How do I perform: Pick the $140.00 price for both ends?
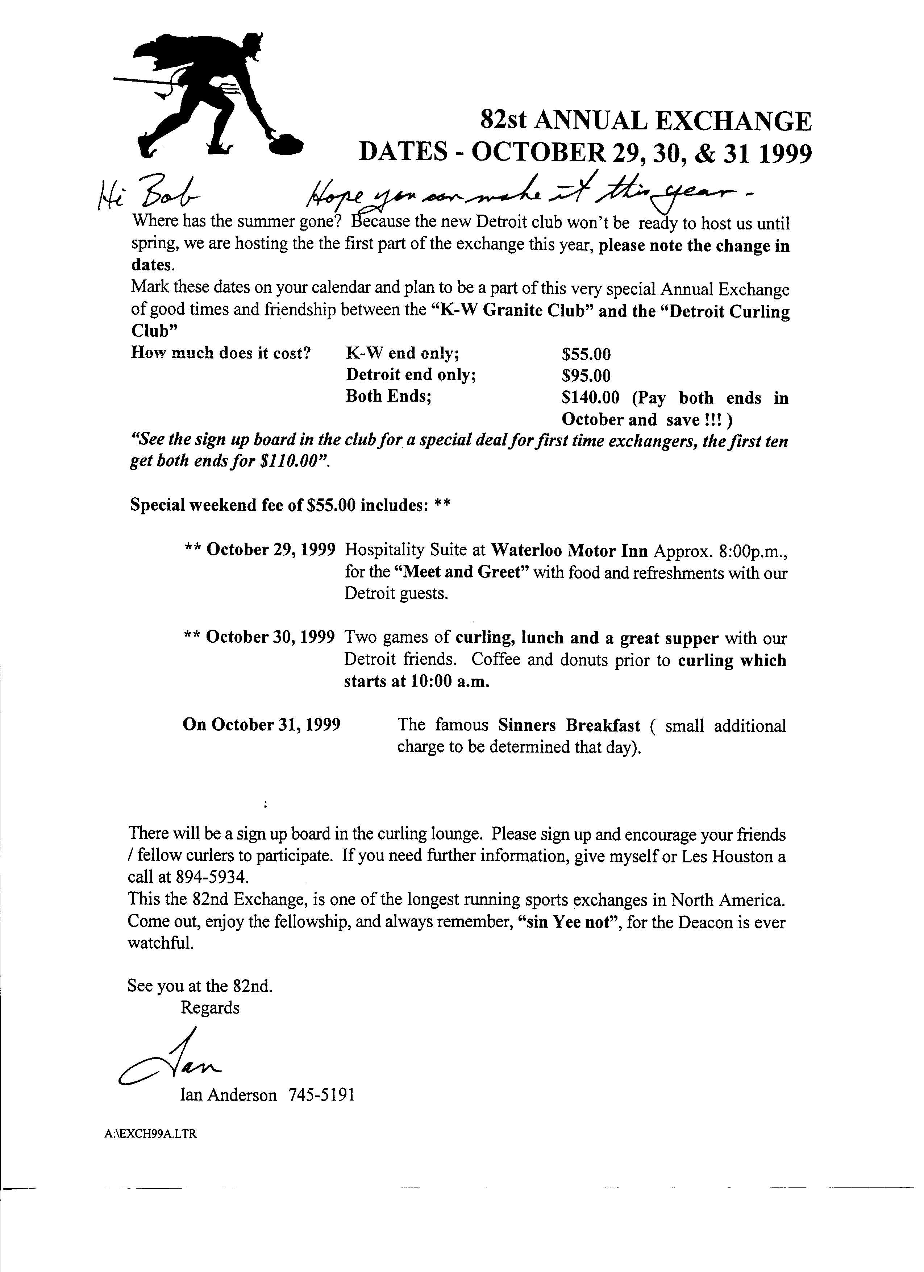(x=590, y=398)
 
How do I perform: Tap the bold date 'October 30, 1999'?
(x=271, y=637)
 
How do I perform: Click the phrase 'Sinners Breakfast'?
(x=569, y=725)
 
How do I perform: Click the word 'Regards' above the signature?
(x=210, y=1007)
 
